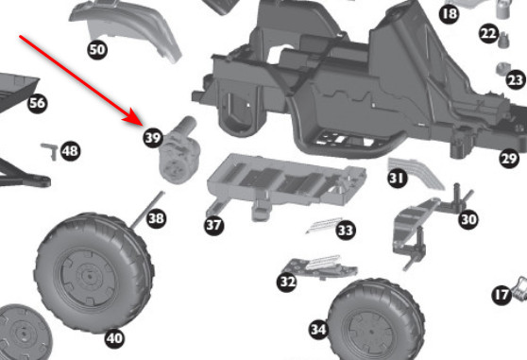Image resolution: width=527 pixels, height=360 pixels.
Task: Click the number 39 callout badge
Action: pyautogui.click(x=153, y=138)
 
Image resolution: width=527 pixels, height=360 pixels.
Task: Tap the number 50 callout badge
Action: pyautogui.click(x=96, y=49)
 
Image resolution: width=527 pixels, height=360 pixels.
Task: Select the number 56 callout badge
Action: pyautogui.click(x=37, y=102)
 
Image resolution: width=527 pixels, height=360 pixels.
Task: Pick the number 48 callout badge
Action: pyautogui.click(x=70, y=150)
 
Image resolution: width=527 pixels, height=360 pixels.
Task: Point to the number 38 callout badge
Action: pyautogui.click(x=156, y=219)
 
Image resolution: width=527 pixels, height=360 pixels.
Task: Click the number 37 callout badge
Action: pyautogui.click(x=213, y=225)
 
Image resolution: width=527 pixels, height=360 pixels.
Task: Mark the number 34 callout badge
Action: pyautogui.click(x=318, y=329)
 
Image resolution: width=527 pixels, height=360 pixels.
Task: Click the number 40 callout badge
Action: pyautogui.click(x=114, y=337)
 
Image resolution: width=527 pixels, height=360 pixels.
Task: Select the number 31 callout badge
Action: pyautogui.click(x=398, y=177)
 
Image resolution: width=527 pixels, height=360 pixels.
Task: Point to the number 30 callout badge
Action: pyautogui.click(x=468, y=219)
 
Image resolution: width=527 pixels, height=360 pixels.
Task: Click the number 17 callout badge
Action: pyautogui.click(x=501, y=296)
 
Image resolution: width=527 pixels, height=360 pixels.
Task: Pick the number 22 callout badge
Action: pyautogui.click(x=487, y=34)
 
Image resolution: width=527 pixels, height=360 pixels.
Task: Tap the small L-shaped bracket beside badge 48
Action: pyautogui.click(x=49, y=148)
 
